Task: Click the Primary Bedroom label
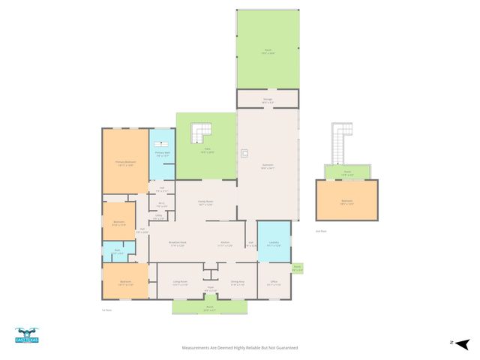tap(125, 163)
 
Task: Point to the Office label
tap(274, 283)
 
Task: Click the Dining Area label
tap(238, 283)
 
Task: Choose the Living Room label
tap(180, 283)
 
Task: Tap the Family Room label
tap(205, 202)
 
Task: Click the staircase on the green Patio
tap(202, 133)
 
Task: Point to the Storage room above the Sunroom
tap(267, 99)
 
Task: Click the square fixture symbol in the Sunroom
tap(244, 154)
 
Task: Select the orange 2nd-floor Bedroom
tap(346, 201)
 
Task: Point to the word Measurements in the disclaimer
tap(197, 348)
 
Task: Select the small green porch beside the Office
tap(297, 268)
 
